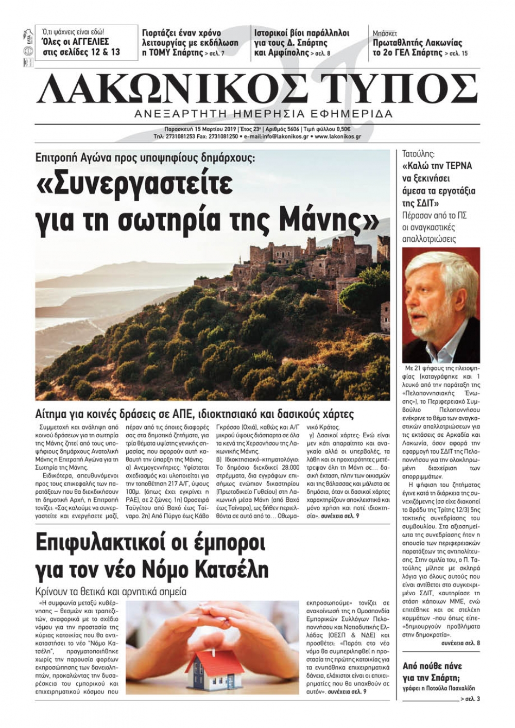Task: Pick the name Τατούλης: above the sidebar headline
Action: coord(418,153)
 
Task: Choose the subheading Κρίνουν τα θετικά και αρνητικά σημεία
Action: coord(111,591)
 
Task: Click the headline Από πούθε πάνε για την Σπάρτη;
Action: coord(433,671)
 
